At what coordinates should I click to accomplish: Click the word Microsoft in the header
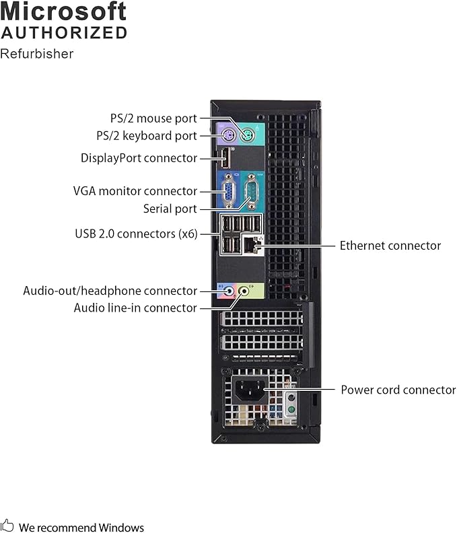point(64,11)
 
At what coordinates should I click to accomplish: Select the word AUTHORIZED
point(64,32)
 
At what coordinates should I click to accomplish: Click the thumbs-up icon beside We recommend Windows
point(7,526)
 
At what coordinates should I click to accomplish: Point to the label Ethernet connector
point(390,246)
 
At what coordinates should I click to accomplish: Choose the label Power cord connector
point(398,390)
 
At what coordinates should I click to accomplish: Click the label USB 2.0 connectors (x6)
point(136,234)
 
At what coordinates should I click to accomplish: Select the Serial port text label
point(170,209)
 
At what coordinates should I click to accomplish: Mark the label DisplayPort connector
point(139,158)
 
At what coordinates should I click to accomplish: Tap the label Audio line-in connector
point(135,308)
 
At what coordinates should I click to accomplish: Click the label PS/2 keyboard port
point(147,135)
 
